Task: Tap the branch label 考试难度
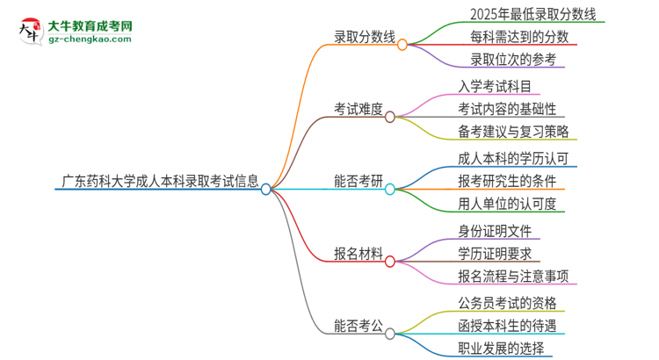pos(358,110)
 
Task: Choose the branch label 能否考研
pos(358,182)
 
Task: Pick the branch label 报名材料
pos(358,255)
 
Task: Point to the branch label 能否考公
pos(358,328)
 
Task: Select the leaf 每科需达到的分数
pos(508,37)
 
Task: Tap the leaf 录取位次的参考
pos(501,60)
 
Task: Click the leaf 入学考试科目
pos(495,87)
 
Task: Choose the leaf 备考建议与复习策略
pos(514,133)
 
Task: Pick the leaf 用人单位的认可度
pos(508,205)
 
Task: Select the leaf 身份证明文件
pos(495,232)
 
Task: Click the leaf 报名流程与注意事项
pos(514,277)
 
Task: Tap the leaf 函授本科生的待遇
pos(507,327)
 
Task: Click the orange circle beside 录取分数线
pos(402,44)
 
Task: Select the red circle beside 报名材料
pos(390,261)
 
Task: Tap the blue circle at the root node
pos(266,189)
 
